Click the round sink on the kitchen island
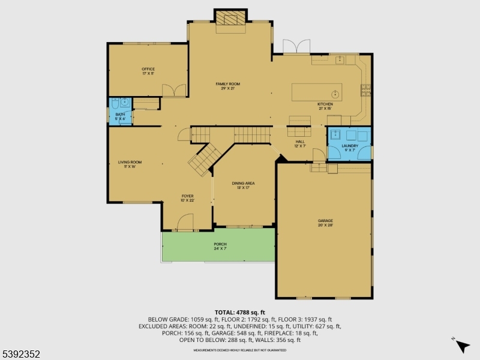(x=335, y=94)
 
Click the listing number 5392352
(x=21, y=354)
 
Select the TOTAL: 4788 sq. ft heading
(x=239, y=312)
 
